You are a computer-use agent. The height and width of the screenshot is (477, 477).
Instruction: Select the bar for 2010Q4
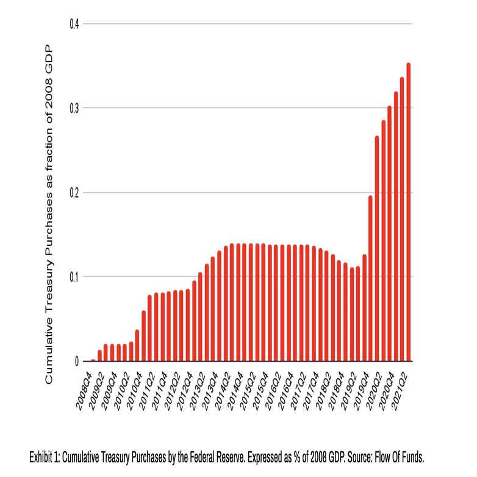tap(144, 335)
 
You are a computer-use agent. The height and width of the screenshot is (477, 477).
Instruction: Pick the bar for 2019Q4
tap(370, 278)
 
